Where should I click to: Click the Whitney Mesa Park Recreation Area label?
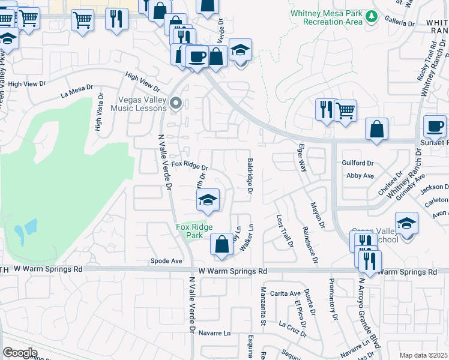point(327,17)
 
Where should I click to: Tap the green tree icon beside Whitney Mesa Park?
point(372,17)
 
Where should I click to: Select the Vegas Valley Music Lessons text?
point(139,104)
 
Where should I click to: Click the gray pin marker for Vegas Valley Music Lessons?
point(176,103)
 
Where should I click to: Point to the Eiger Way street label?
point(302,157)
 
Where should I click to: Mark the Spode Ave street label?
point(166,262)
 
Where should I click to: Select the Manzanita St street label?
point(263,307)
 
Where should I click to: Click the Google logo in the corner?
point(20,352)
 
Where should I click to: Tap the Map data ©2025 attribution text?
point(423,355)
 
